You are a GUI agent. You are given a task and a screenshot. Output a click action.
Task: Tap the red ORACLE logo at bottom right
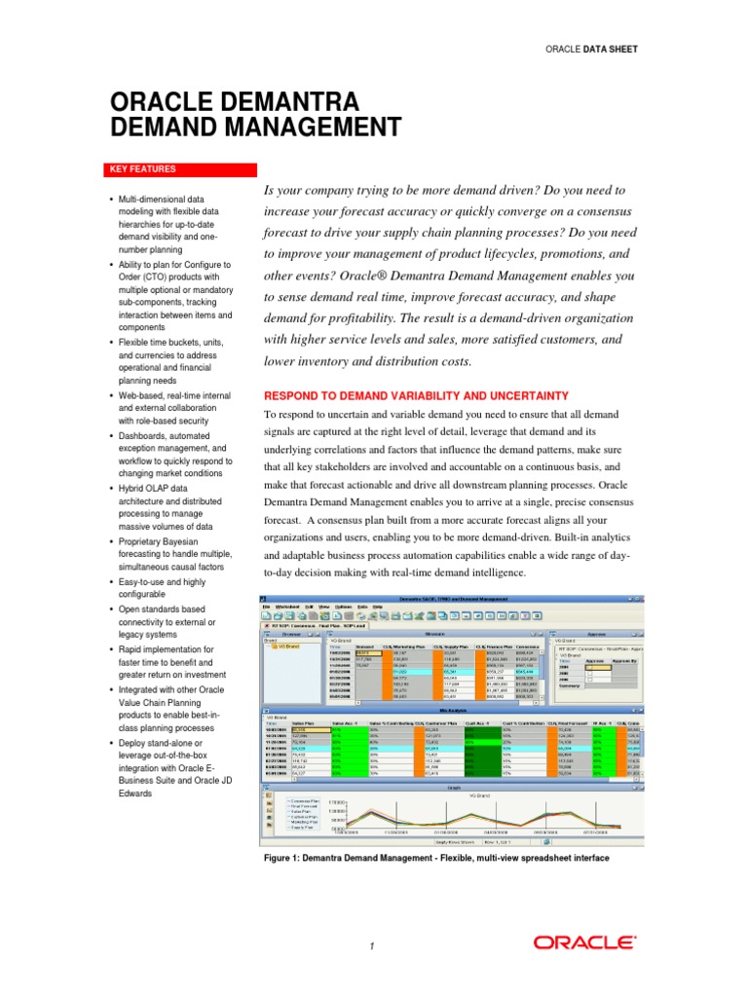[584, 942]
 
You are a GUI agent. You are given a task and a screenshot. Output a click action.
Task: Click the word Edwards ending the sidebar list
[136, 766]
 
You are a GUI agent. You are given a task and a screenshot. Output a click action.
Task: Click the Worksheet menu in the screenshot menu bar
[286, 606]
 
